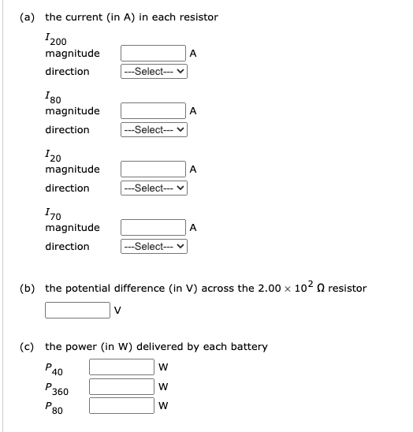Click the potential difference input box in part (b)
point(78,309)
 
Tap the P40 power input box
point(122,367)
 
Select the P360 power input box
point(122,386)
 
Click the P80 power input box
point(122,406)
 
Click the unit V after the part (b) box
point(119,310)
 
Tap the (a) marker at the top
point(28,17)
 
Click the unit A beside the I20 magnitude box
point(194,169)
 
